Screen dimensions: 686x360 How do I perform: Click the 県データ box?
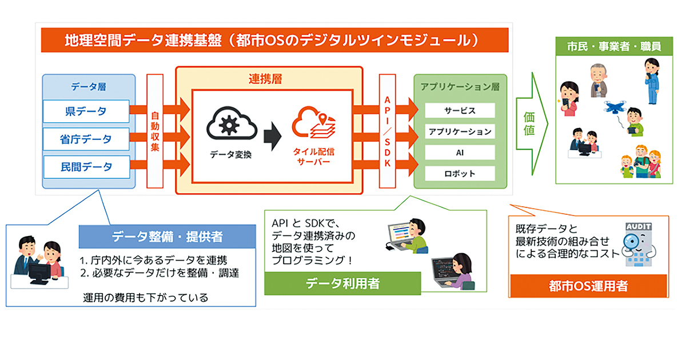86,111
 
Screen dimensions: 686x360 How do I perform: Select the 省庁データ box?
86,139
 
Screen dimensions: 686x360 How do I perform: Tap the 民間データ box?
87,167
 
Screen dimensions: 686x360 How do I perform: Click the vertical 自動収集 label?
155,131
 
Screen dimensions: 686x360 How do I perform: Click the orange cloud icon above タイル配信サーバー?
314,122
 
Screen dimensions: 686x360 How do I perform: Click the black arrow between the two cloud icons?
273,137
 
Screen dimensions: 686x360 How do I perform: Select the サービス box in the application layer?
460,110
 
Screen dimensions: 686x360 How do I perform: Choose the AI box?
460,153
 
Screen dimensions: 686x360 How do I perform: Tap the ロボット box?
460,174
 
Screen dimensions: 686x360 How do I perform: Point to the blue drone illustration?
615,107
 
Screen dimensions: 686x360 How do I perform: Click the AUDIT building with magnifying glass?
639,245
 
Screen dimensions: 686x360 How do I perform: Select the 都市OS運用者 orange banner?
588,286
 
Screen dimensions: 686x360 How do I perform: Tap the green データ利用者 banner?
342,283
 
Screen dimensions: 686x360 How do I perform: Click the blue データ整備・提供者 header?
167,237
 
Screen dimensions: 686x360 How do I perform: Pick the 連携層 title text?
265,79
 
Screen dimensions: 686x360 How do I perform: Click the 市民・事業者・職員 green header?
614,46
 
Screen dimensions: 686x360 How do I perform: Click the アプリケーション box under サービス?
460,131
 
